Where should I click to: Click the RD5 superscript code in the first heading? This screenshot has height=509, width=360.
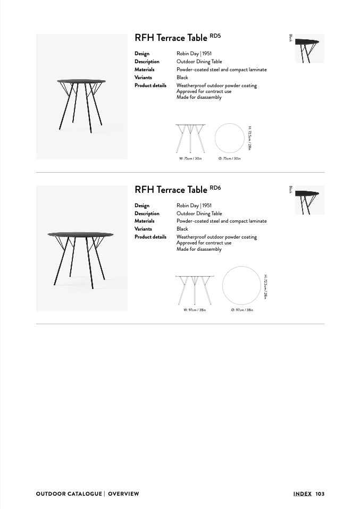click(x=215, y=36)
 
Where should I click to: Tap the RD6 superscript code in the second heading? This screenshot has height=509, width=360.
click(x=215, y=188)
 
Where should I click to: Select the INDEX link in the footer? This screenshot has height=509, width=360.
click(x=303, y=494)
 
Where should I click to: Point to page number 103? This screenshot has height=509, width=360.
click(x=320, y=494)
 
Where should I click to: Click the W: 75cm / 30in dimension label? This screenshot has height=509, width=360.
click(x=190, y=159)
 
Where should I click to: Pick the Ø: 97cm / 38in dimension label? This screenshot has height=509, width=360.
click(x=242, y=310)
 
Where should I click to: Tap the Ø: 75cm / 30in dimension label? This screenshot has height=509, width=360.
click(x=229, y=159)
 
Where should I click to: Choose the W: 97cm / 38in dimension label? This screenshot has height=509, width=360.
click(x=195, y=310)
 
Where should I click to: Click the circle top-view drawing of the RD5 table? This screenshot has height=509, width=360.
click(x=229, y=124)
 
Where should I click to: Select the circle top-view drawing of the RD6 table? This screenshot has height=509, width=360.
click(x=242, y=267)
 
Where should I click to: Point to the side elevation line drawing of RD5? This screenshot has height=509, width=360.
click(x=190, y=139)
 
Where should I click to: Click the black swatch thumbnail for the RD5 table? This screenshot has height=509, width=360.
click(x=309, y=49)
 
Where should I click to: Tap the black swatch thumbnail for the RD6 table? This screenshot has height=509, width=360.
click(x=309, y=200)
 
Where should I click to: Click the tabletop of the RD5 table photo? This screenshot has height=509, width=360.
click(x=81, y=81)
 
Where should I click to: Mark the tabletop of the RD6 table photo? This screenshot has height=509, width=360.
click(x=81, y=234)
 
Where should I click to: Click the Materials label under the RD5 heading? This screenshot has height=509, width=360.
click(x=145, y=70)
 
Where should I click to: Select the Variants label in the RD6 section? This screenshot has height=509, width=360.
click(x=143, y=229)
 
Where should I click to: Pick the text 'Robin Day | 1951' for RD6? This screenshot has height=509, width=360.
click(x=194, y=206)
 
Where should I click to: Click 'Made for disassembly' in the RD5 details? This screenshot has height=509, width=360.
click(x=199, y=97)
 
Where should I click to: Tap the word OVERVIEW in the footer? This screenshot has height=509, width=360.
click(x=123, y=494)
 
